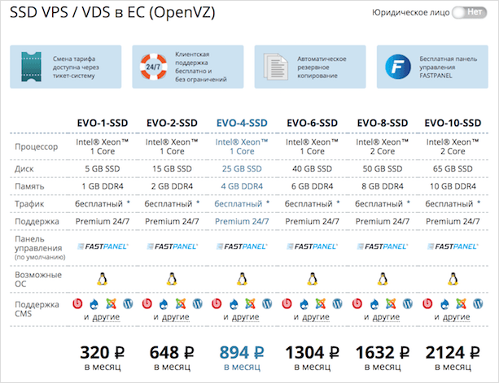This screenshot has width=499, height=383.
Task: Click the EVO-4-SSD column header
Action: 241,123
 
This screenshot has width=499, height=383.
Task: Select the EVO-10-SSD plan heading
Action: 451,123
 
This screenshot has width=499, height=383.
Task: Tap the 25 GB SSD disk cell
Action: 241,168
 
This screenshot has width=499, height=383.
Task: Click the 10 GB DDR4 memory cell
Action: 451,185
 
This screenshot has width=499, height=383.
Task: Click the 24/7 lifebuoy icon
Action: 152,67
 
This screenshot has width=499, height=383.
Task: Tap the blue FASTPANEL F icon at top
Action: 397,67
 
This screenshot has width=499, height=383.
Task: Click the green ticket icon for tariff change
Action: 31,67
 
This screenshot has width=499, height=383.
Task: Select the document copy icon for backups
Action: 274,67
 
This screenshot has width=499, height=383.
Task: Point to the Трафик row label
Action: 31,202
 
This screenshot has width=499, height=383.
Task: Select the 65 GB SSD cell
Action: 451,168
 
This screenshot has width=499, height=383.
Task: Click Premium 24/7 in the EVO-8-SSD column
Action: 381,220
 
